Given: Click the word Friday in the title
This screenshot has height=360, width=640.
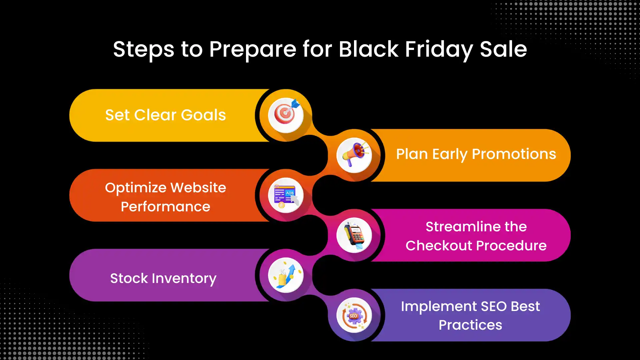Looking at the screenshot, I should [439, 49].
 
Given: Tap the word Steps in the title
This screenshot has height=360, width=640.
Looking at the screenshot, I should [143, 49].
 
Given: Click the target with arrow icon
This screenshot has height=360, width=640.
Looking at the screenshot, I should [286, 115].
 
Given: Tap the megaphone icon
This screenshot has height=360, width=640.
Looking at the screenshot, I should [354, 155].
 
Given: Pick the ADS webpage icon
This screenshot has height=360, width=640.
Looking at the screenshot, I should [286, 195].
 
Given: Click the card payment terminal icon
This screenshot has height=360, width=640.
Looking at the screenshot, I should [354, 235].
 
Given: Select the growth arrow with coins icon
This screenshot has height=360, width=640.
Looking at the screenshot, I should [286, 275].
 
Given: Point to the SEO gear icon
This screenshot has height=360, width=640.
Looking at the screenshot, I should [354, 315].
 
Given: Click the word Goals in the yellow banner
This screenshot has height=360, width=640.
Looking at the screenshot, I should [203, 115].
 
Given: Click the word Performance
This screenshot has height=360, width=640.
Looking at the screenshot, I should [165, 207].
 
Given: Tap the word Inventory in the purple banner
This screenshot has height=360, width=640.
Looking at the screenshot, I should [184, 278].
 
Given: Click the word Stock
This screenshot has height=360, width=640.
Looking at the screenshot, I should [129, 278].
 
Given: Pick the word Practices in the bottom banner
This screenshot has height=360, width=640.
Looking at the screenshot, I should [470, 325].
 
